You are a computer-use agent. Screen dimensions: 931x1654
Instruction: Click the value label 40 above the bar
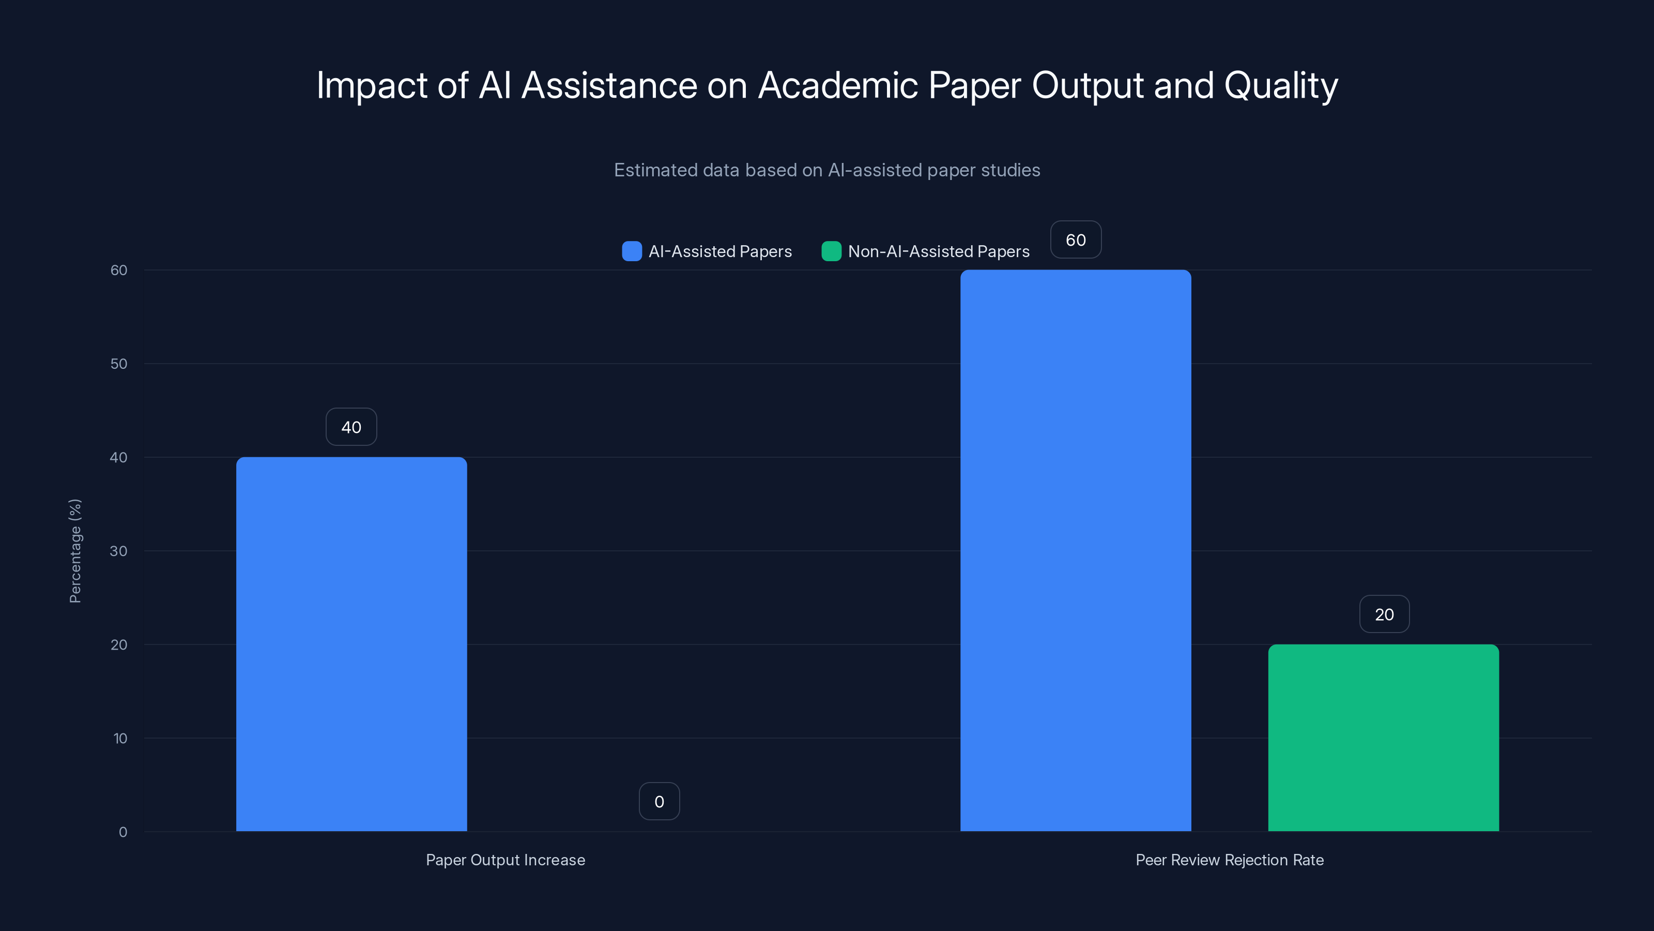pyautogui.click(x=351, y=427)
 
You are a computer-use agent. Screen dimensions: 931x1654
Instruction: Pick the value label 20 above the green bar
pyautogui.click(x=1384, y=615)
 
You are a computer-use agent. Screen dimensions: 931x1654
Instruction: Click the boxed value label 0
pyautogui.click(x=659, y=802)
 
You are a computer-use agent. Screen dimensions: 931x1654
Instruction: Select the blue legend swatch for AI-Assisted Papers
pyautogui.click(x=632, y=251)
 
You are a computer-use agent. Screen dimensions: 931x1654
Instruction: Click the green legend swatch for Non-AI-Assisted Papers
pyautogui.click(x=832, y=251)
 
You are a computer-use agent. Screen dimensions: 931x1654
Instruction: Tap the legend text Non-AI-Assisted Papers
pyautogui.click(x=938, y=251)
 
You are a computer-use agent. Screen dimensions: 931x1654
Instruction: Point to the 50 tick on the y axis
pyautogui.click(x=119, y=364)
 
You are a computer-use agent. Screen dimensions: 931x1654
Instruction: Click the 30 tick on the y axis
pyautogui.click(x=119, y=551)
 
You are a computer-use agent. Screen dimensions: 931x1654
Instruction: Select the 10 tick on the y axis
pyautogui.click(x=120, y=738)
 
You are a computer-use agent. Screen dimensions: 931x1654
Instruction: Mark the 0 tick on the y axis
pyautogui.click(x=122, y=832)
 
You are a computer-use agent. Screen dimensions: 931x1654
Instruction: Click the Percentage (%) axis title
pyautogui.click(x=75, y=551)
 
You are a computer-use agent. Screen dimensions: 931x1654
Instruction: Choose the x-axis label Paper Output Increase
pyautogui.click(x=506, y=860)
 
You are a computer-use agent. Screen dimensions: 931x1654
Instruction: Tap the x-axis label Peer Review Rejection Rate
pyautogui.click(x=1229, y=860)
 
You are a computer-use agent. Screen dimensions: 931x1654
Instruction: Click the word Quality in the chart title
pyautogui.click(x=1280, y=85)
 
